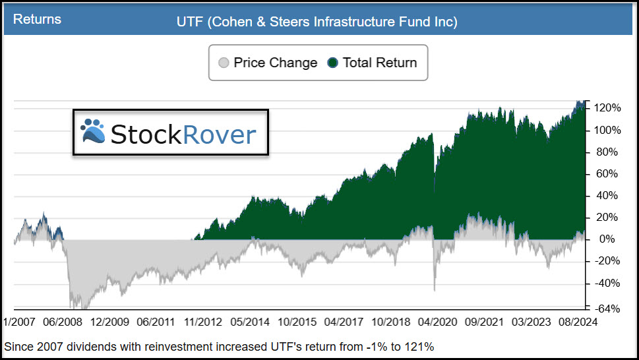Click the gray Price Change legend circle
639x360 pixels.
[224, 63]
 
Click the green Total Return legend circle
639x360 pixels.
[332, 63]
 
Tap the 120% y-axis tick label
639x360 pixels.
[606, 108]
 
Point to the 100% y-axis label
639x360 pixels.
[606, 130]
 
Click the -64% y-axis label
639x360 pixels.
[605, 309]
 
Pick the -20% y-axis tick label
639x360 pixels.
[605, 261]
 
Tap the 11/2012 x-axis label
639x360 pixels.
[201, 322]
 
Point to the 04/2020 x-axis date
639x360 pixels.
[435, 322]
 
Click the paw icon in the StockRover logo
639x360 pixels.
[92, 131]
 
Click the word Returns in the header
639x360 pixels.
[37, 19]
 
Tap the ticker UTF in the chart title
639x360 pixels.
[189, 22]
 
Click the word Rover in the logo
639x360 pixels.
[219, 135]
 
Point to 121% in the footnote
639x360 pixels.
[423, 346]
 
